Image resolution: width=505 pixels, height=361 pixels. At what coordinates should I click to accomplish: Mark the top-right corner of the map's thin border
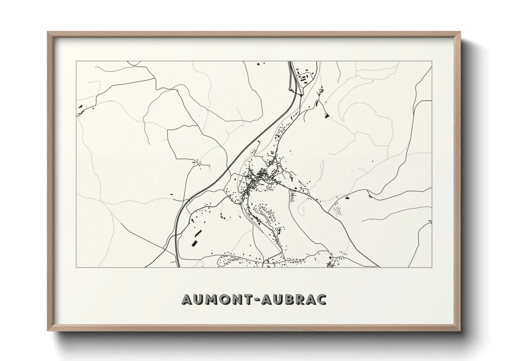432,61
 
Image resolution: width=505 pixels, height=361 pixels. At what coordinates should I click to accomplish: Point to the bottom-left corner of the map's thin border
76,267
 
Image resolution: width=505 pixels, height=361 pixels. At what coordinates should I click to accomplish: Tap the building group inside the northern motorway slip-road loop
303,77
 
